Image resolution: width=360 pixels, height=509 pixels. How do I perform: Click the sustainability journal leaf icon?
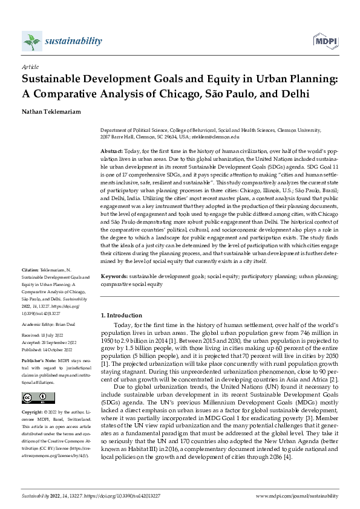coord(31,42)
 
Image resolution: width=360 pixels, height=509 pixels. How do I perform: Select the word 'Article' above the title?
coord(30,68)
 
